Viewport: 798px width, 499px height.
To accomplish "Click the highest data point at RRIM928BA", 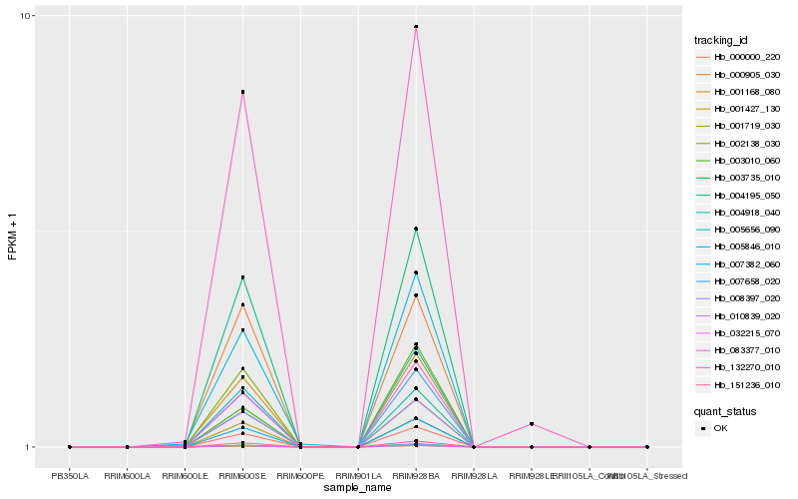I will pos(416,27).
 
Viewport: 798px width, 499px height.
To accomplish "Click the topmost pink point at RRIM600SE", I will pos(242,92).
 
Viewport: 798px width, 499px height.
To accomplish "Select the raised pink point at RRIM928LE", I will pos(532,424).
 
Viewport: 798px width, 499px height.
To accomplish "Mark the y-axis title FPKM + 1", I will pos(12,232).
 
